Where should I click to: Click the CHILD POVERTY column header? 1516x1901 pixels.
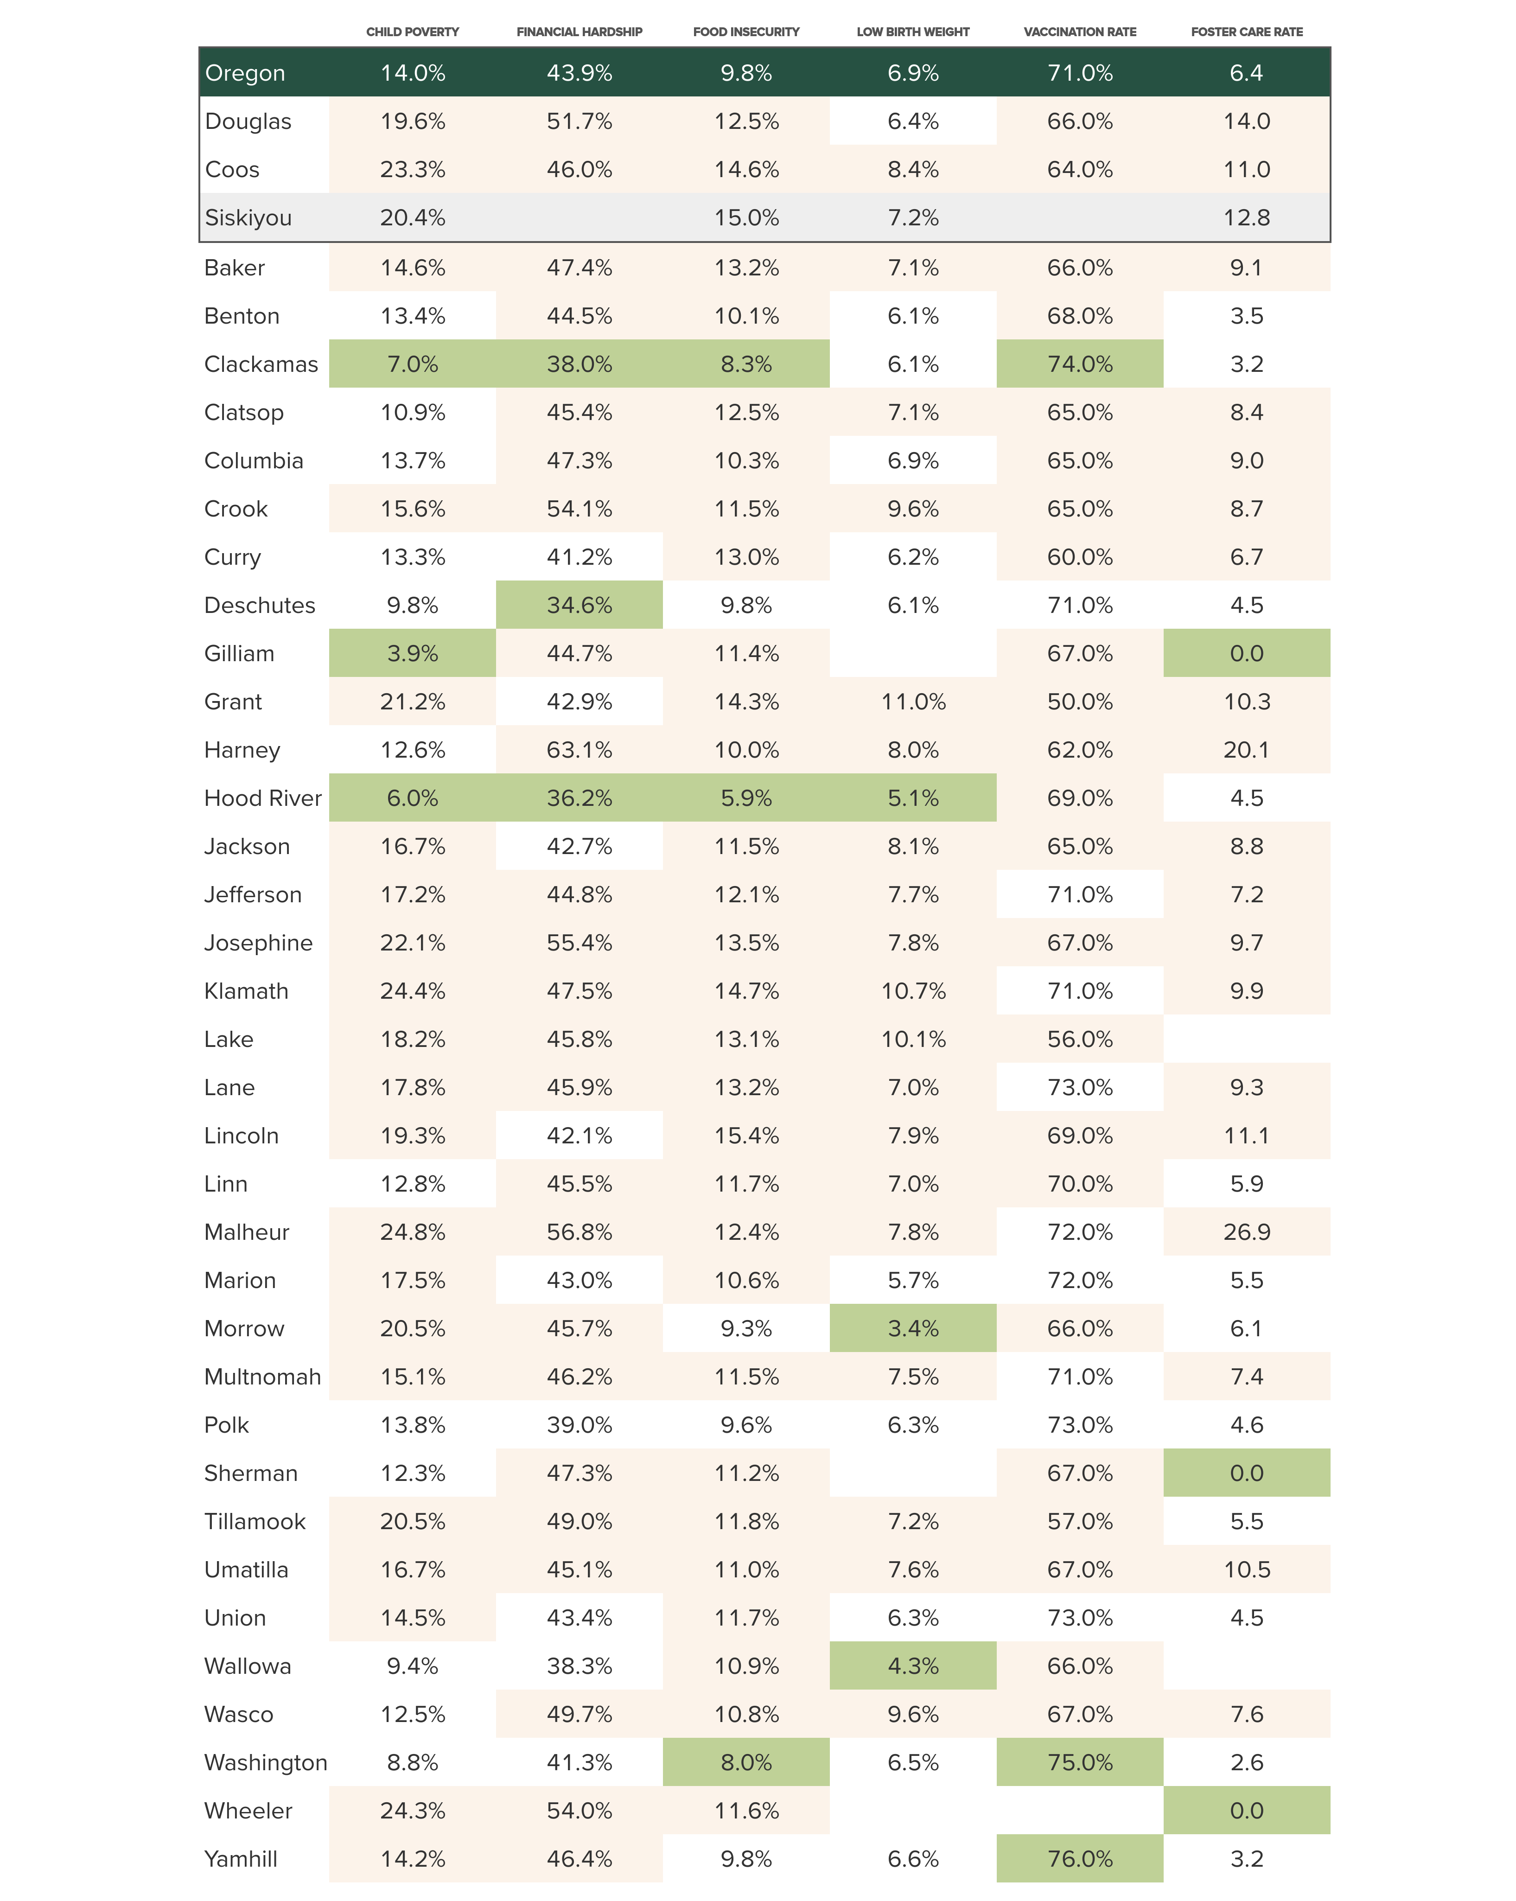pyautogui.click(x=413, y=32)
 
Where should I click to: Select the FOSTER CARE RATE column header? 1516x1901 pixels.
pyautogui.click(x=1246, y=32)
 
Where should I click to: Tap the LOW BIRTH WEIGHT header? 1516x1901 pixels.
pyautogui.click(x=913, y=32)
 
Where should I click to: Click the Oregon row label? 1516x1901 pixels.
pyautogui.click(x=245, y=73)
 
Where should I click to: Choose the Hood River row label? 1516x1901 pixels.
pyautogui.click(x=263, y=798)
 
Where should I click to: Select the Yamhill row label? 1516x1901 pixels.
pyautogui.click(x=241, y=1859)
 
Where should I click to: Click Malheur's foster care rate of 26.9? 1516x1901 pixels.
pyautogui.click(x=1246, y=1232)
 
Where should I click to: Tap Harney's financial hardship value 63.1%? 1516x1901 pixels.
pyautogui.click(x=579, y=749)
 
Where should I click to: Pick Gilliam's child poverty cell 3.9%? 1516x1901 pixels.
pyautogui.click(x=413, y=653)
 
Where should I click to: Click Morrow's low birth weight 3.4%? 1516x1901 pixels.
pyautogui.click(x=913, y=1328)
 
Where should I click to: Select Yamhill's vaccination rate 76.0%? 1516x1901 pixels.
pyautogui.click(x=1080, y=1859)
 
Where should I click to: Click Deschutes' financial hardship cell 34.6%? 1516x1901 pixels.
pyautogui.click(x=579, y=605)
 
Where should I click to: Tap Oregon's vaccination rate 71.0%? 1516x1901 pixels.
pyautogui.click(x=1080, y=73)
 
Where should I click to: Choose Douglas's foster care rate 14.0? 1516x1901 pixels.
pyautogui.click(x=1246, y=121)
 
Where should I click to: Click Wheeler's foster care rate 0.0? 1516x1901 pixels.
pyautogui.click(x=1246, y=1810)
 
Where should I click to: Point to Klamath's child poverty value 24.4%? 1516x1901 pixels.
pyautogui.click(x=413, y=991)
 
